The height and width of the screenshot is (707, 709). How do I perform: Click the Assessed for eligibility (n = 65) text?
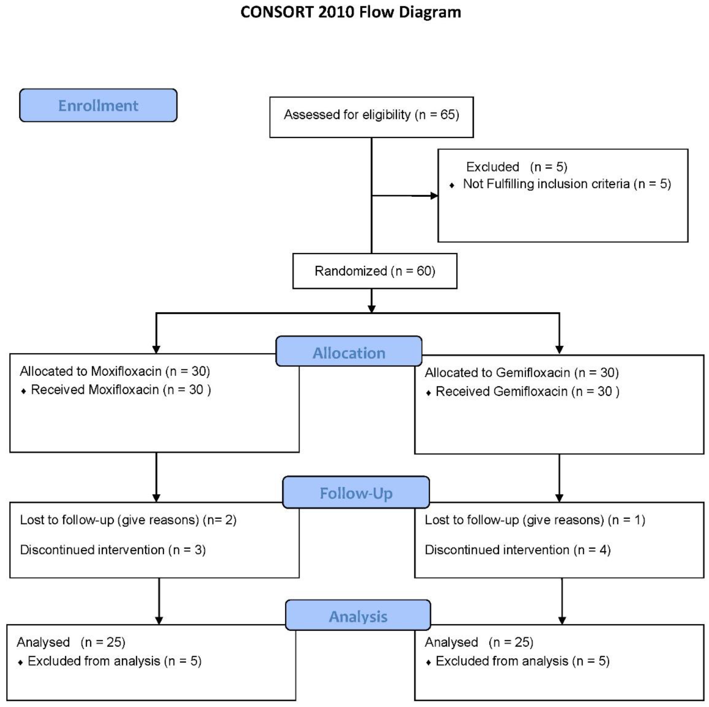click(x=371, y=115)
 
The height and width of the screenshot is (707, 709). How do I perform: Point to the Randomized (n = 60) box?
click(x=375, y=271)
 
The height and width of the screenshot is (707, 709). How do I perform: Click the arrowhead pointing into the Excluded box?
click(x=434, y=196)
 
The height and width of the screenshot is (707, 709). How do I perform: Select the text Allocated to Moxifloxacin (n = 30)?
click(x=115, y=371)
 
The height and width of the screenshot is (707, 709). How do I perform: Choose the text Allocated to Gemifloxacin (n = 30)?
click(x=521, y=373)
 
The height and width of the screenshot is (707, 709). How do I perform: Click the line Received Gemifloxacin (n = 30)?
click(x=527, y=391)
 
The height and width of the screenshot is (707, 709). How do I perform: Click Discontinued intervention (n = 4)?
click(x=517, y=550)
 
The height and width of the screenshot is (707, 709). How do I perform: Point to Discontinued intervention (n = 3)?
click(x=113, y=550)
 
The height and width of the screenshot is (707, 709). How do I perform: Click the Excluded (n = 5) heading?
click(x=516, y=167)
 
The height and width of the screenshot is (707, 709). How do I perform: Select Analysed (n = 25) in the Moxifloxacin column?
click(x=71, y=642)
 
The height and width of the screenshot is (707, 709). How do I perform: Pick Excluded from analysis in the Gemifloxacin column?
click(x=522, y=661)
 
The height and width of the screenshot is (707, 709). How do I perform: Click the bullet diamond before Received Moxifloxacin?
click(x=24, y=391)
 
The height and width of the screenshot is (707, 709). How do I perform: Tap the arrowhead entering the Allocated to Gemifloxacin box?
click(x=559, y=350)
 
